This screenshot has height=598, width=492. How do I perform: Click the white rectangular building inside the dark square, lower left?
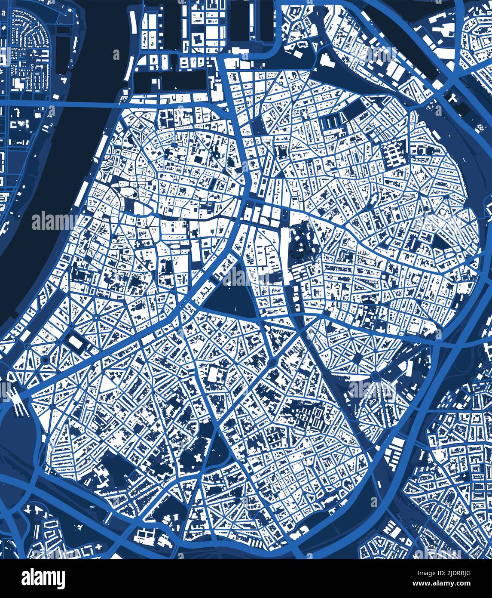(x=76, y=342)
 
